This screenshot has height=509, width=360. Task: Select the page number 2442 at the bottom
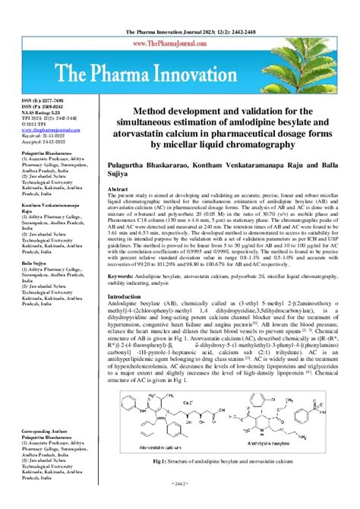click(x=179, y=503)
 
